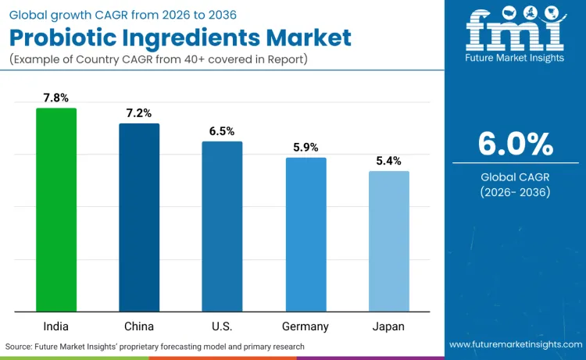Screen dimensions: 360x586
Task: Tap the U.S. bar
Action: tap(222, 227)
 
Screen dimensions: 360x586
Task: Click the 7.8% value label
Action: tap(56, 98)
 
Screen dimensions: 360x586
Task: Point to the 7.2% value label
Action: tap(139, 114)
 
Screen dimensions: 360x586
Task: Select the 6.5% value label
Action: tap(222, 131)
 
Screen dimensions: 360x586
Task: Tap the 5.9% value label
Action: tap(306, 148)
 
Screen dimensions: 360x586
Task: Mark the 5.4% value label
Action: tap(388, 161)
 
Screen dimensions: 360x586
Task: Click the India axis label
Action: tap(56, 326)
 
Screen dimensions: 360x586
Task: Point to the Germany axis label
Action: tap(306, 326)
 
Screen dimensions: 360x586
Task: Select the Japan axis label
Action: tap(388, 326)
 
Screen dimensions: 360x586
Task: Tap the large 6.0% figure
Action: tap(515, 144)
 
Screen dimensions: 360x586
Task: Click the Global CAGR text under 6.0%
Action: tap(515, 176)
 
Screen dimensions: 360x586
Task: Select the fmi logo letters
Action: tap(515, 33)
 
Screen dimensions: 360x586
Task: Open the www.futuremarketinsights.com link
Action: tap(515, 345)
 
